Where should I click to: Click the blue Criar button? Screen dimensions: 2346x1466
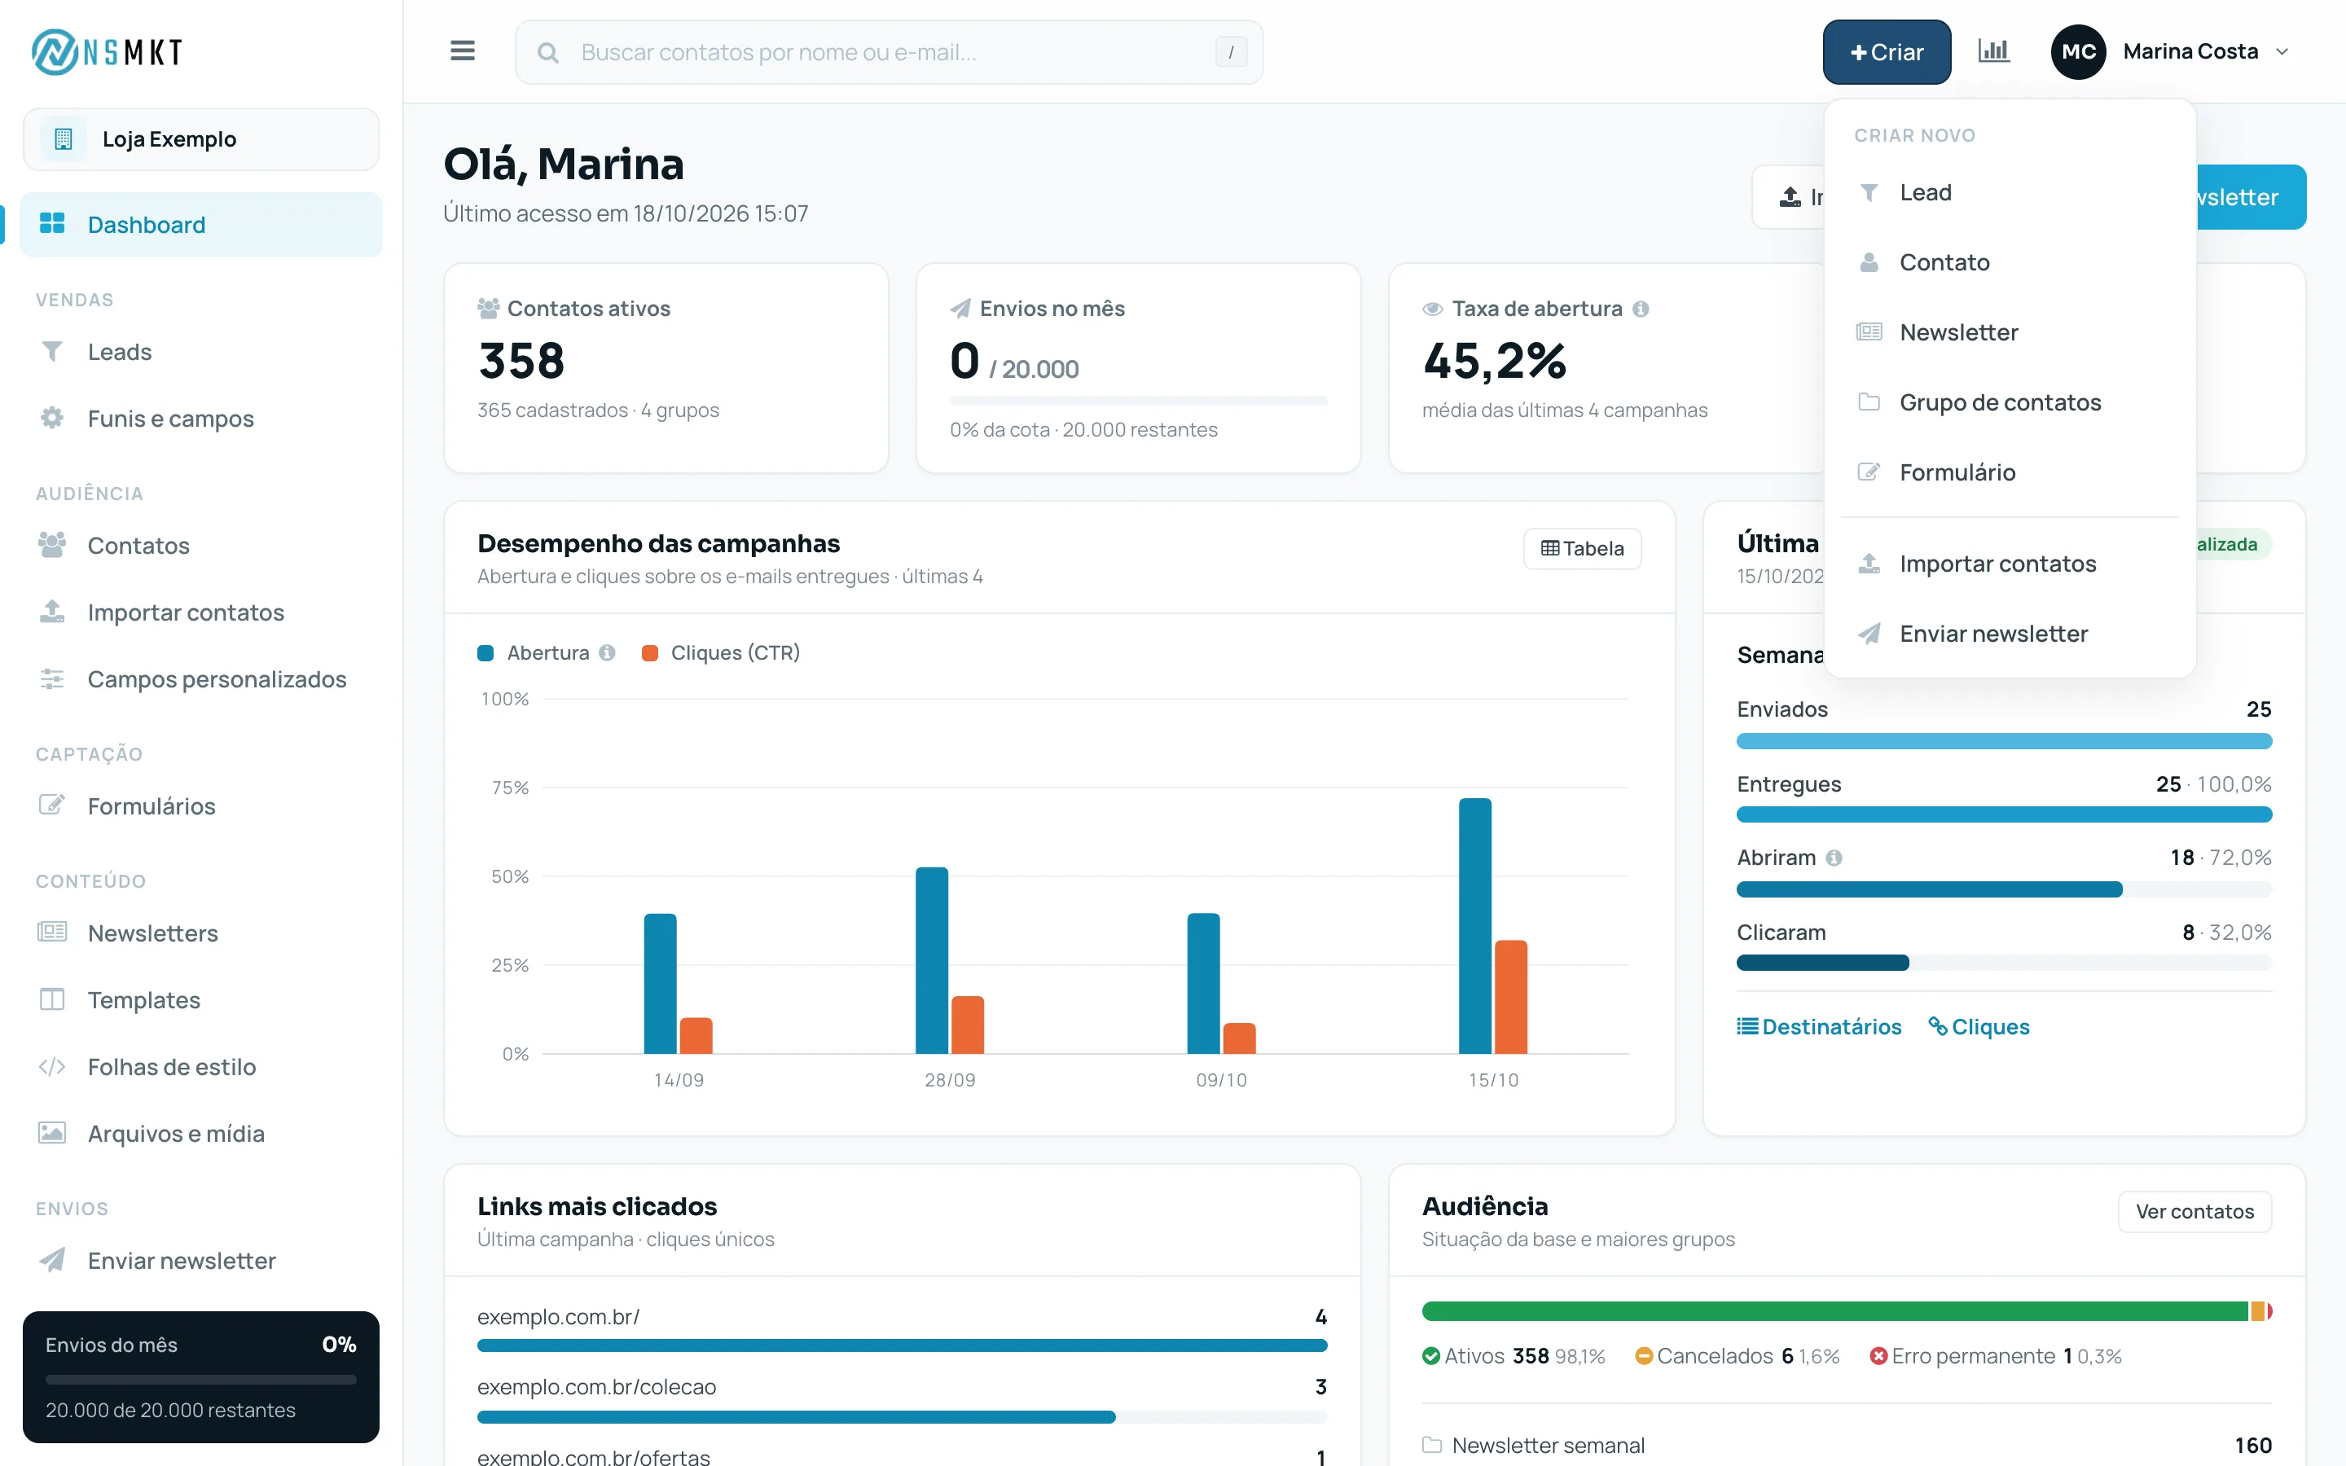coord(1886,52)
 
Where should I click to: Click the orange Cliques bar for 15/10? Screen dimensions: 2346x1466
coord(1510,997)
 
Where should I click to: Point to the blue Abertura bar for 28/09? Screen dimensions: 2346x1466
coord(932,960)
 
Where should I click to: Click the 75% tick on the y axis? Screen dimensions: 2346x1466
coord(510,788)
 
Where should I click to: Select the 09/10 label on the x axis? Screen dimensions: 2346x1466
coord(1222,1080)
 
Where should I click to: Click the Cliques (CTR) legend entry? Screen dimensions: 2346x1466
coord(720,652)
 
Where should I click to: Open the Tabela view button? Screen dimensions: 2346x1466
coord(1582,549)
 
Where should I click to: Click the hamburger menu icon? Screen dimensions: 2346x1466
coord(463,51)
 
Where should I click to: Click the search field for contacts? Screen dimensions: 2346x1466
coord(889,52)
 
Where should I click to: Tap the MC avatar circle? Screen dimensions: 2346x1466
coord(2079,52)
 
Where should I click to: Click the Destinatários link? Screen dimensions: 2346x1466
coord(1819,1027)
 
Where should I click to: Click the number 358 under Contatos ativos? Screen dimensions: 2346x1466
coord(521,361)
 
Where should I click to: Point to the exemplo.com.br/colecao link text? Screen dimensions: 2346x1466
coord(596,1388)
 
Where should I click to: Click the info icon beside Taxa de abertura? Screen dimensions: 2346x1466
coord(1641,309)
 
